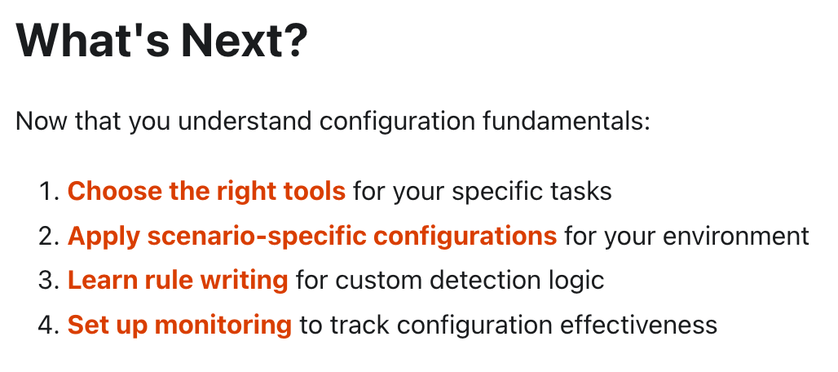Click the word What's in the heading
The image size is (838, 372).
point(91,40)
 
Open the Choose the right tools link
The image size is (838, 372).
point(206,191)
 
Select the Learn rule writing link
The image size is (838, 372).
point(178,281)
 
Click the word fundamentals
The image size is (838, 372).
point(567,122)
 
